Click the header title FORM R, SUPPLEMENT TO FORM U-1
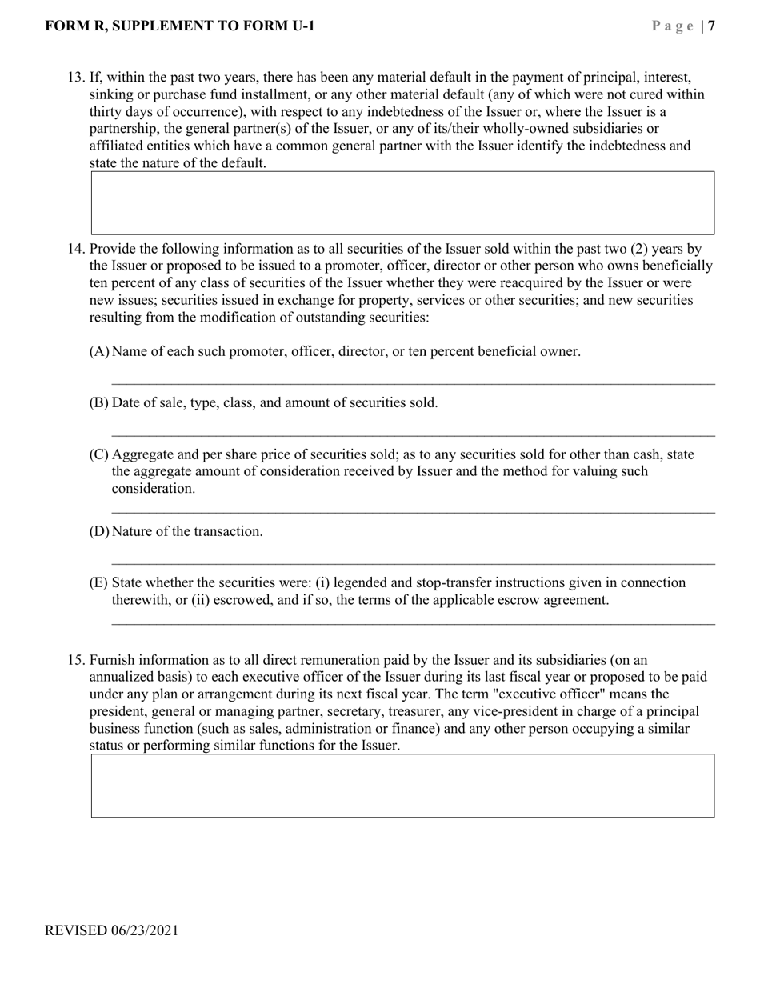point(180,26)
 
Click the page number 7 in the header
point(711,26)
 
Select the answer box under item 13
point(402,202)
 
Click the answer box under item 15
point(402,785)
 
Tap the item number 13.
point(75,78)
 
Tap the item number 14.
point(75,249)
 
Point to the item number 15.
point(75,660)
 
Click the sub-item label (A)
point(98,351)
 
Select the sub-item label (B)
point(98,402)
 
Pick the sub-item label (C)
point(98,454)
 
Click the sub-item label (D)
point(98,531)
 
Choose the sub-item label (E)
point(98,582)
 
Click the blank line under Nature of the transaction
point(413,563)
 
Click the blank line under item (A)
point(413,383)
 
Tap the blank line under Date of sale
point(413,435)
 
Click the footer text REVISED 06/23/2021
point(112,930)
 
